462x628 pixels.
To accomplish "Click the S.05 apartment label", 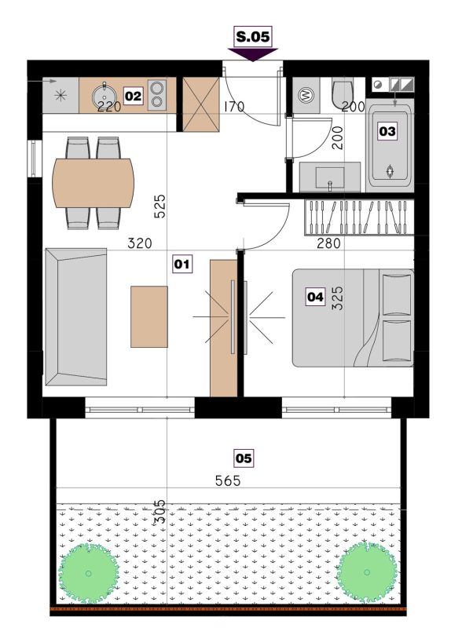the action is (x=253, y=37).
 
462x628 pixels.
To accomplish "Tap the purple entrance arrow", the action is (x=253, y=54).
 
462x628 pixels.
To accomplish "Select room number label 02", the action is (x=133, y=96).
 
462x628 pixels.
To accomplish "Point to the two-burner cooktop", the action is (x=157, y=95).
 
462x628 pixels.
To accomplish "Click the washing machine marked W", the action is (x=306, y=96).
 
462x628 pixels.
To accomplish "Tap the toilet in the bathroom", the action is (x=342, y=94).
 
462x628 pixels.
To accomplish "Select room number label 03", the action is (x=387, y=131).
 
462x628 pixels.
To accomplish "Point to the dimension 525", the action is (x=159, y=206).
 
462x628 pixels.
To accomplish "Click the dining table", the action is (x=93, y=183).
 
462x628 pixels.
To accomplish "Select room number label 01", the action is (x=182, y=264).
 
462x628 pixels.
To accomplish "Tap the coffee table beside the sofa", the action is (x=149, y=316).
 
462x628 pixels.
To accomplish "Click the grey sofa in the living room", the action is (x=76, y=317).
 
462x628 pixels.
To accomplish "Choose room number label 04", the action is (x=315, y=297).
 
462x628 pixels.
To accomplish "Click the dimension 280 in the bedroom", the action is (x=328, y=243).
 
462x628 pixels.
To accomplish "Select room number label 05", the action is (x=244, y=458).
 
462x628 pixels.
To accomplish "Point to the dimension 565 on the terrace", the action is (x=228, y=480).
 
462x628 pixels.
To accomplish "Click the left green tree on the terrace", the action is (x=88, y=573).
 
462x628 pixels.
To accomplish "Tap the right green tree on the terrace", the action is (x=367, y=572).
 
